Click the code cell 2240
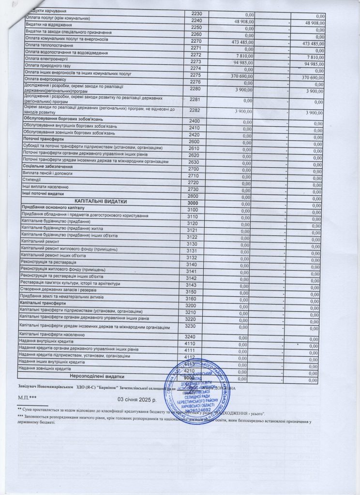pos(195,21)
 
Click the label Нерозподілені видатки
pos(97,376)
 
